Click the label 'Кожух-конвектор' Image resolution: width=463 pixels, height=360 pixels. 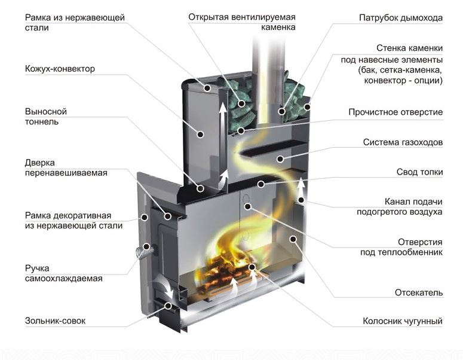tap(60, 69)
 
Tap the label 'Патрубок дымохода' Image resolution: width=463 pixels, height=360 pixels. tap(401, 18)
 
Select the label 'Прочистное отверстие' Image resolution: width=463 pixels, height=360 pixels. tap(395, 112)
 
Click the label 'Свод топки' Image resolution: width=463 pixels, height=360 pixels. tap(419, 172)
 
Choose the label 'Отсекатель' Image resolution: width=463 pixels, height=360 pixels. tap(418, 292)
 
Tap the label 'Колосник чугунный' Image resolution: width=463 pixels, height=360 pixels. tap(403, 322)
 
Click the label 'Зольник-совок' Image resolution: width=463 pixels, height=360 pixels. tap(55, 321)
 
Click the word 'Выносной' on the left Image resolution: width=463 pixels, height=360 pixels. tap(45, 112)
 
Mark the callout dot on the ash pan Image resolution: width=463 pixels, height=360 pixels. tap(169, 306)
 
